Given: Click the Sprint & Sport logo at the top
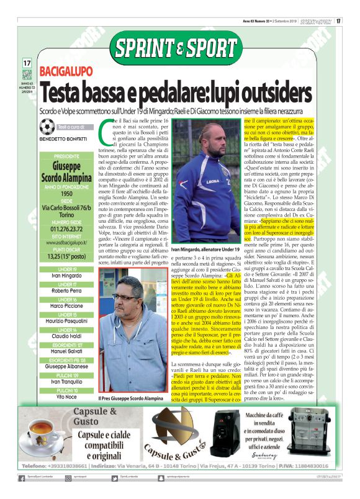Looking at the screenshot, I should click(180, 48).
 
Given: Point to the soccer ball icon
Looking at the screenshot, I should click(46, 127).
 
